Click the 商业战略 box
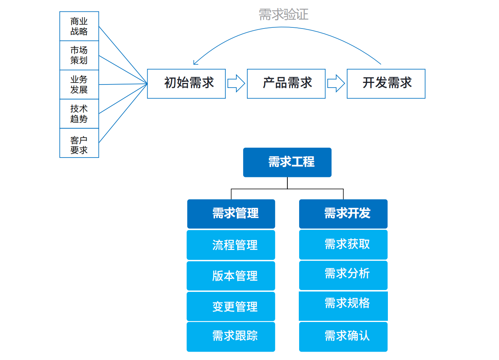pyautogui.click(x=79, y=26)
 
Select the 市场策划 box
pyautogui.click(x=79, y=56)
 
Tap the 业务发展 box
pyautogui.click(x=79, y=84)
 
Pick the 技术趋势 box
pyautogui.click(x=79, y=114)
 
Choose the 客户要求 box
pyautogui.click(x=79, y=143)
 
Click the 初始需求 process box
pyautogui.click(x=187, y=84)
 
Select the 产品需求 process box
pyautogui.click(x=286, y=84)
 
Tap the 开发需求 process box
pyautogui.click(x=386, y=84)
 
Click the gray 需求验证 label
pyautogui.click(x=284, y=15)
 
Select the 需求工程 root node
pyautogui.click(x=287, y=162)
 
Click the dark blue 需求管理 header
pyautogui.click(x=231, y=214)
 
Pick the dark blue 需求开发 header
pyautogui.click(x=343, y=214)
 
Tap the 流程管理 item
pyautogui.click(x=231, y=245)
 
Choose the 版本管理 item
pyautogui.click(x=231, y=276)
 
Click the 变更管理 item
pyautogui.click(x=231, y=306)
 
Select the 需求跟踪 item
pyautogui.click(x=231, y=336)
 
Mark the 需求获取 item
pyautogui.click(x=343, y=244)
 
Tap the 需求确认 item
pyautogui.click(x=343, y=336)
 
